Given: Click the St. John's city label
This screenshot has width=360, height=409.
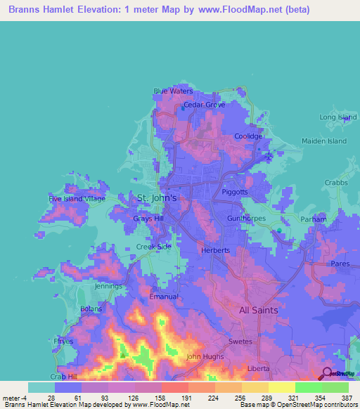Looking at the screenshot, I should click(x=161, y=199).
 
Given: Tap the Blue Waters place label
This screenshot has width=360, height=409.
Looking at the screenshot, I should click(x=173, y=91).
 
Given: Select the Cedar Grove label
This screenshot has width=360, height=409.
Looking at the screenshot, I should click(x=205, y=105).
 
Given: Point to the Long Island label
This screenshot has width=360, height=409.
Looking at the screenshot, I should click(x=338, y=117).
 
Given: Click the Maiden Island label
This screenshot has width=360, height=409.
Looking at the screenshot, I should click(x=324, y=141).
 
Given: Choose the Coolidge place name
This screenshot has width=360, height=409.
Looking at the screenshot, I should click(x=248, y=136).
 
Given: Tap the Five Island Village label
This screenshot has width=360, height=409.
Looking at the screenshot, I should click(x=77, y=199).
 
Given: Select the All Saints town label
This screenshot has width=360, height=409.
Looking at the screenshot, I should click(x=258, y=310).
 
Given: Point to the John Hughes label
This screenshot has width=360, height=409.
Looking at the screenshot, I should click(x=204, y=357).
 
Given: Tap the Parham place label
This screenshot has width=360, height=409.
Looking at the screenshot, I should click(x=314, y=219).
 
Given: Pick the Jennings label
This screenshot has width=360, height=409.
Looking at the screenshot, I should click(x=109, y=287).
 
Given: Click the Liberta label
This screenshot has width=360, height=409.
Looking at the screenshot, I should click(x=259, y=368).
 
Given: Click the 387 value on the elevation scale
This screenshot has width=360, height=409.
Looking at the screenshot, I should click(x=335, y=398).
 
